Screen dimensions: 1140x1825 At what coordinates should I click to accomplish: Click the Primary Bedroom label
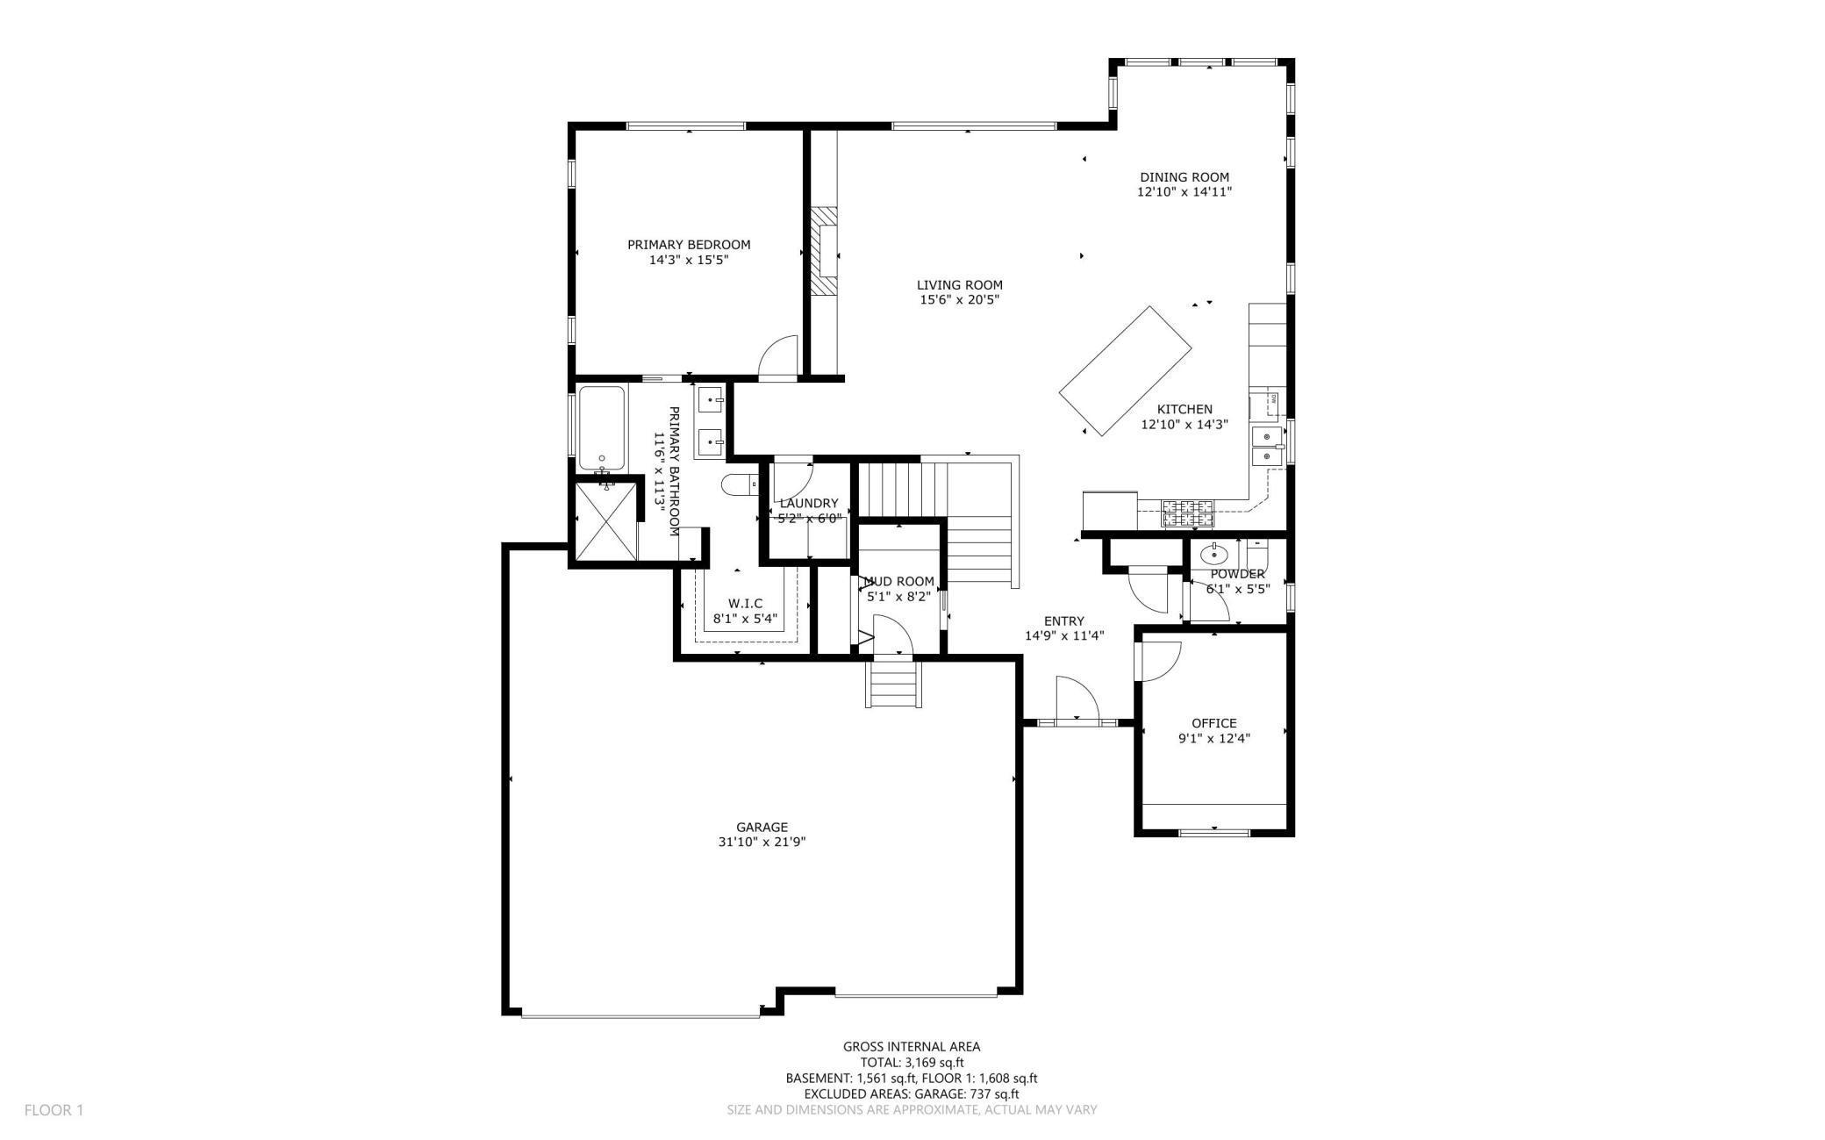click(688, 245)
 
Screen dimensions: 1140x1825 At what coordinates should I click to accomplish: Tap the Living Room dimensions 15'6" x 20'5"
click(959, 300)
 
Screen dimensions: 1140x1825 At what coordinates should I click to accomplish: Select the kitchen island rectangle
click(1125, 369)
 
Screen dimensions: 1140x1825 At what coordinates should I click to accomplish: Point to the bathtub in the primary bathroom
click(601, 427)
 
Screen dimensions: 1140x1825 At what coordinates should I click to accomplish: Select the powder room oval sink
click(1213, 554)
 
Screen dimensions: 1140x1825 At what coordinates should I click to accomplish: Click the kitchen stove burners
click(1188, 513)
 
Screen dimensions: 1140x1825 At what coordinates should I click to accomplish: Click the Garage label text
click(762, 827)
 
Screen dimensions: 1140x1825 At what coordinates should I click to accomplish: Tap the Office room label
click(1213, 723)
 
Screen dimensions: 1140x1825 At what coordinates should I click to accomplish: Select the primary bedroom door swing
click(779, 357)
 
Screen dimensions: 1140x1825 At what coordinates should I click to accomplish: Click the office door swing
click(1158, 660)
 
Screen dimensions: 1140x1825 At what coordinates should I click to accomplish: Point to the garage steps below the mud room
click(894, 684)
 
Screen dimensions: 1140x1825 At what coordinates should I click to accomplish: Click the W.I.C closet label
click(745, 604)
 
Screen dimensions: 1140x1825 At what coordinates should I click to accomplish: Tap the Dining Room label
click(1184, 177)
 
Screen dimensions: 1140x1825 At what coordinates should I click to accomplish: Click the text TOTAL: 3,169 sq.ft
click(911, 1062)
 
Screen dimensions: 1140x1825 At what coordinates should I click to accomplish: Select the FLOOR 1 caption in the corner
click(54, 1110)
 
